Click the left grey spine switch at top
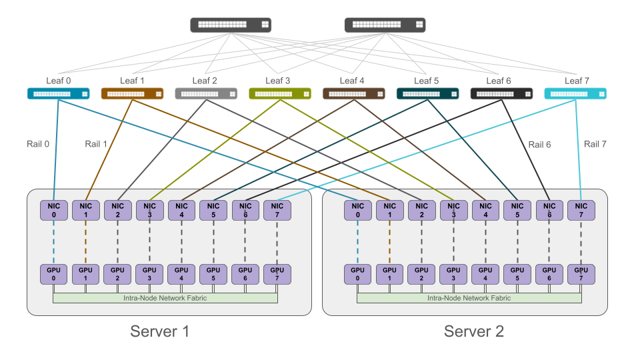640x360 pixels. (x=231, y=25)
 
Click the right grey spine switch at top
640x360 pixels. (x=385, y=25)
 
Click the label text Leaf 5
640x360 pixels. (x=427, y=81)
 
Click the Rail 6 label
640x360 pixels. (x=540, y=144)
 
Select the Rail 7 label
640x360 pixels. (x=596, y=144)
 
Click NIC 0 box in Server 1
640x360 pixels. (x=53, y=211)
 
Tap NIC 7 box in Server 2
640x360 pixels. (x=581, y=211)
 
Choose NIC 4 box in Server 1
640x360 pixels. (x=181, y=211)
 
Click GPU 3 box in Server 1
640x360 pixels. (x=149, y=274)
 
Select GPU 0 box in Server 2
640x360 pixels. (x=357, y=274)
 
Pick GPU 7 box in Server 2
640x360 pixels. (x=581, y=274)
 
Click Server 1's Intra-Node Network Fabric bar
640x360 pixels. (x=165, y=298)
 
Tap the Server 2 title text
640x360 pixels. (x=474, y=331)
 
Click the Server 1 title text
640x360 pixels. (x=160, y=331)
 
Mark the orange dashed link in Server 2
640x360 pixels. (x=389, y=243)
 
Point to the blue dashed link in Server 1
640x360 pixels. (x=53, y=243)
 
